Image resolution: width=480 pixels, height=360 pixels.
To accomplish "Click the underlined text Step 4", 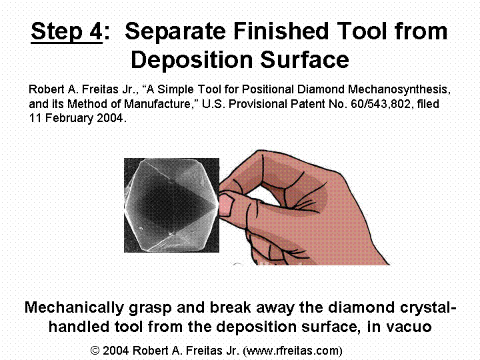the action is click(x=67, y=32).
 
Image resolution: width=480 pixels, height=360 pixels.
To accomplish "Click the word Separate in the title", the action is click(x=176, y=31).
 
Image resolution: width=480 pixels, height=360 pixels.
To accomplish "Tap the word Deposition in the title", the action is click(x=192, y=60).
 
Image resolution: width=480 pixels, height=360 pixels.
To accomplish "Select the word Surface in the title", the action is click(x=305, y=60).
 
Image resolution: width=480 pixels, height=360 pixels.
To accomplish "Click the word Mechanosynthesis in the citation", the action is click(x=399, y=89).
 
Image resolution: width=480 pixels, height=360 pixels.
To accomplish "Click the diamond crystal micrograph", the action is click(x=171, y=205).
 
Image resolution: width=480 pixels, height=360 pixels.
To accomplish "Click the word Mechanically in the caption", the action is click(x=74, y=308).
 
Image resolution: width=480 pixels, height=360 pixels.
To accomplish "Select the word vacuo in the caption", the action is click(x=409, y=327).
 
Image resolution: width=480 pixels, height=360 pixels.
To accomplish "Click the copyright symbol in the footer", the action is click(x=95, y=351).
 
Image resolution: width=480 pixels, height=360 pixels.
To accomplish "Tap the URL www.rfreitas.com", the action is click(x=293, y=351).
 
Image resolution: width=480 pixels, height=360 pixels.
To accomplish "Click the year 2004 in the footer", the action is click(x=116, y=351).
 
